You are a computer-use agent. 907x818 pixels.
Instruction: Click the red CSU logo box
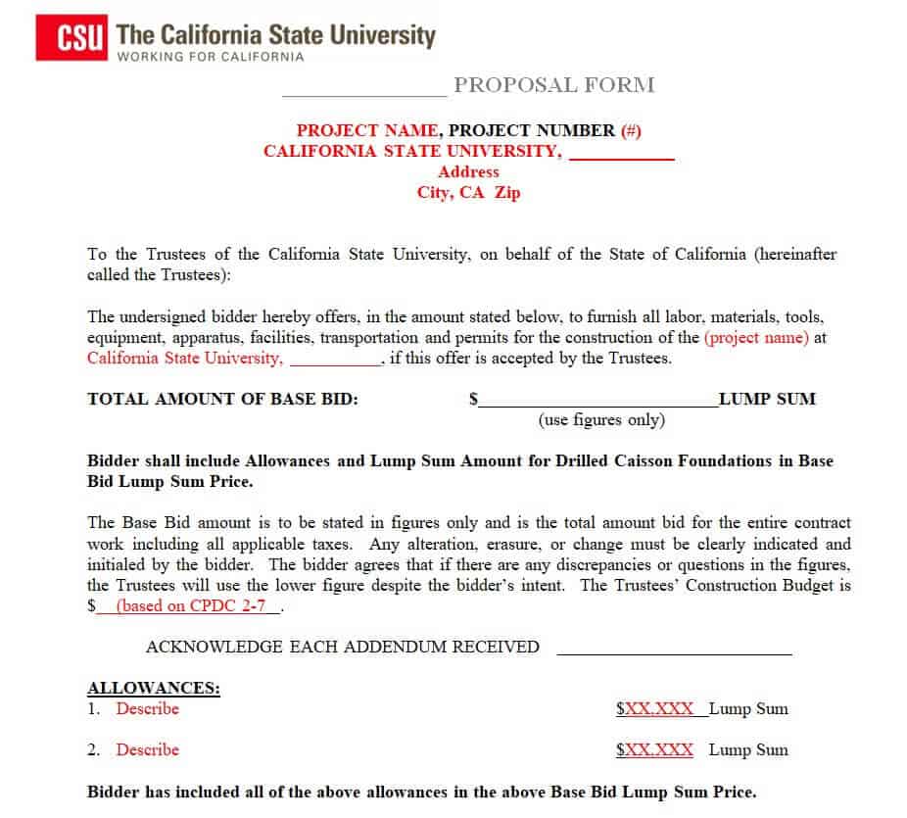(72, 38)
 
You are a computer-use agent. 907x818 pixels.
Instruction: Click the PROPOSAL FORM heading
(553, 85)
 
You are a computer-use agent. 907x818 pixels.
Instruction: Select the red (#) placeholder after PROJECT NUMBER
(631, 130)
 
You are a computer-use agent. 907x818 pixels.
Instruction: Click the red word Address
(468, 171)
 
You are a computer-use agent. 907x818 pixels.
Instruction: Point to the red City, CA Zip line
(468, 193)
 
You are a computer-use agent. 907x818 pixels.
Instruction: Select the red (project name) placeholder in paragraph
(756, 338)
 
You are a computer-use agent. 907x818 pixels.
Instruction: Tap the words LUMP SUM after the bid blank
(767, 399)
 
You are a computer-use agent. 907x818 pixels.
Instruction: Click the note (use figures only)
(601, 420)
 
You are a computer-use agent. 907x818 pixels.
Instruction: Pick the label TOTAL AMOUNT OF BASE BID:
(223, 399)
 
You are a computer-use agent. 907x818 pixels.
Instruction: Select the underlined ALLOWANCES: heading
(154, 688)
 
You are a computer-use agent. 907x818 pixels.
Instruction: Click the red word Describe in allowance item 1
(148, 708)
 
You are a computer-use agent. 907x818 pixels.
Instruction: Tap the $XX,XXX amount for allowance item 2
(654, 750)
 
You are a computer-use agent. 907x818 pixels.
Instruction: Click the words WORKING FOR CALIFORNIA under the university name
(210, 57)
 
